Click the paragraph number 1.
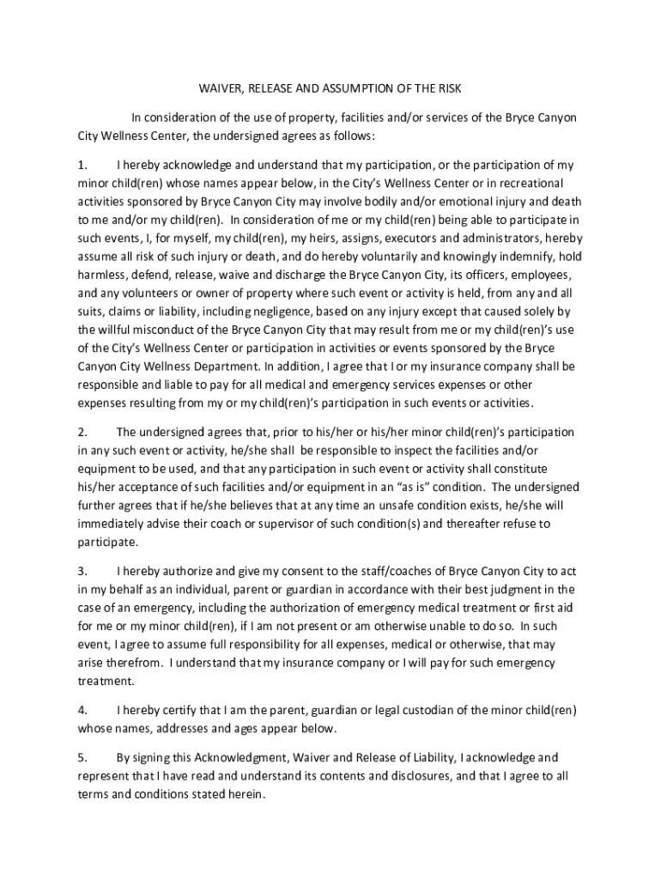click(x=82, y=164)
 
